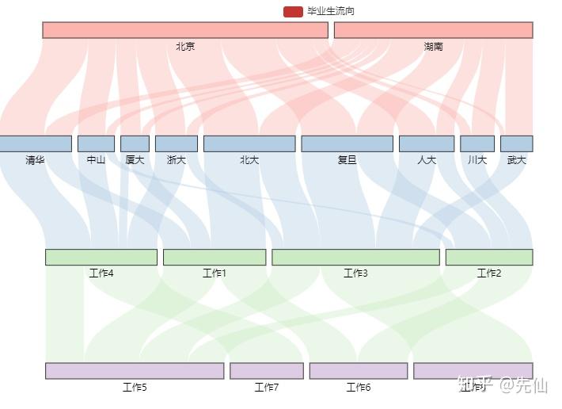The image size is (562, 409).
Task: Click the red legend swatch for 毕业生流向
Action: tap(293, 12)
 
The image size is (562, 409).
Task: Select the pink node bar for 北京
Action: tap(185, 30)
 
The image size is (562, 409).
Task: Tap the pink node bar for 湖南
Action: tap(433, 30)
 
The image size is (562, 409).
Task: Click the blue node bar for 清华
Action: tap(36, 143)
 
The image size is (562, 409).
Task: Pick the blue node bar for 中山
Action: tap(96, 143)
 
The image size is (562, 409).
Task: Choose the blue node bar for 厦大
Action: tap(135, 143)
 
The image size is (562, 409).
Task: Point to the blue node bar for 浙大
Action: tap(176, 143)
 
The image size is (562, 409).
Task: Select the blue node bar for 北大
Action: tap(249, 143)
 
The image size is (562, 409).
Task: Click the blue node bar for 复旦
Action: tap(347, 143)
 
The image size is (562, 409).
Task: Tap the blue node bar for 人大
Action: tap(427, 143)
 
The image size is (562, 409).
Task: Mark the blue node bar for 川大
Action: tap(477, 143)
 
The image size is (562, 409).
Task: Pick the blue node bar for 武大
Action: tap(516, 143)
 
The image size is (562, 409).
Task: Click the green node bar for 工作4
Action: tap(101, 257)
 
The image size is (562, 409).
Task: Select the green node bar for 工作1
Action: tap(215, 257)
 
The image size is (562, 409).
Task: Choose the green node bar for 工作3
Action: tap(355, 257)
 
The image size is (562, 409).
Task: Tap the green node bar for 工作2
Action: tap(489, 257)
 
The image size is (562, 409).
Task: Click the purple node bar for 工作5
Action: tap(135, 371)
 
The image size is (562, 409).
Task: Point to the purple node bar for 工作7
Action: tap(267, 371)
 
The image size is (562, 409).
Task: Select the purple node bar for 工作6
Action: tap(359, 371)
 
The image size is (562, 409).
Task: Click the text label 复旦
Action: tap(347, 160)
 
